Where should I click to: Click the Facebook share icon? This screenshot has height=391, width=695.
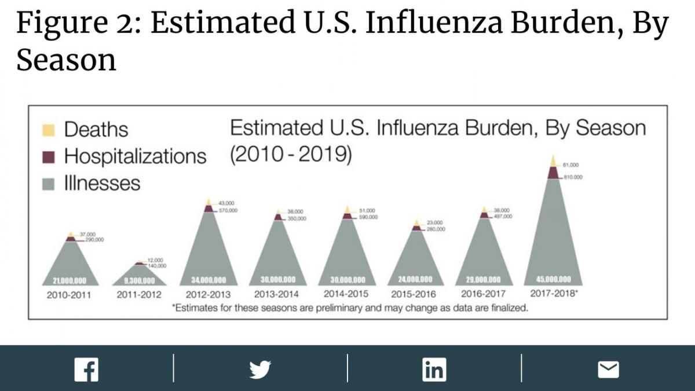86,370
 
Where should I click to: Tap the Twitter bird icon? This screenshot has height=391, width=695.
260,369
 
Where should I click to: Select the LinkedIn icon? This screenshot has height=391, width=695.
434,369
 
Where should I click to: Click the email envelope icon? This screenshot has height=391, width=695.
608,369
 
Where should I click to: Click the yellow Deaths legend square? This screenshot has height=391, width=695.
50,129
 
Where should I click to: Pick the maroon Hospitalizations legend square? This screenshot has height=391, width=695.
50,156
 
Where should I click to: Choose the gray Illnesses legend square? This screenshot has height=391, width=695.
50,184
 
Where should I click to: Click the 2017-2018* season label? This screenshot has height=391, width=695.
554,293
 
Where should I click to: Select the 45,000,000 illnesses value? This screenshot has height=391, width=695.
553,279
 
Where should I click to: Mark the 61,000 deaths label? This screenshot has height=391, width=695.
571,165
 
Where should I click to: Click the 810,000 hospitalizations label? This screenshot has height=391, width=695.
573,177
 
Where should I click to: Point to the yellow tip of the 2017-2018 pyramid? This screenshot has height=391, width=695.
553,161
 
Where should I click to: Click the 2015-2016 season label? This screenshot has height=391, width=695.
414,294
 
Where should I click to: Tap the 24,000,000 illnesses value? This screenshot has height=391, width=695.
415,280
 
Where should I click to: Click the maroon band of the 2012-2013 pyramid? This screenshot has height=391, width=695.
209,209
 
